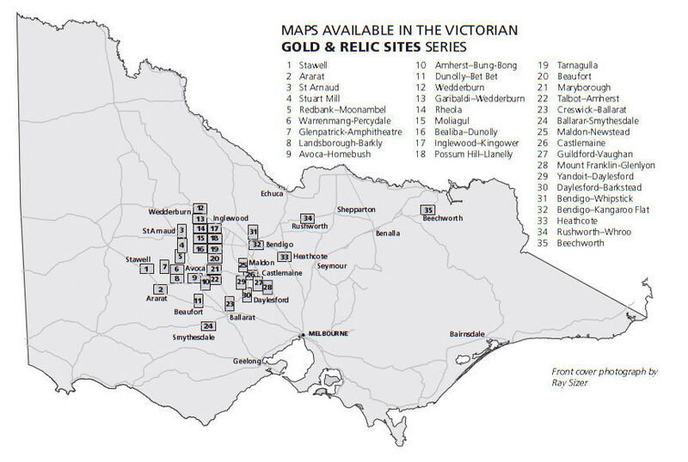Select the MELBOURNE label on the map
pos(328,333)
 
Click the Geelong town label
pos(248,362)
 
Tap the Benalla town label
pos(388,233)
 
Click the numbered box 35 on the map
pos(428,210)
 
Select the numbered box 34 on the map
pos(307,217)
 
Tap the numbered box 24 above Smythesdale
pos(208,326)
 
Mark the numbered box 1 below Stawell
pos(147,269)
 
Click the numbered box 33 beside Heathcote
pos(284,256)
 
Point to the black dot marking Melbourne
pos(302,334)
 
